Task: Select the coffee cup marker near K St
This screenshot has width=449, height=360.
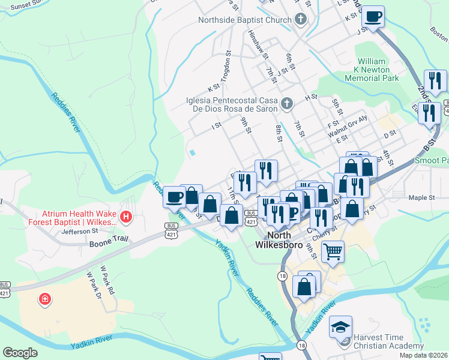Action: pyautogui.click(x=373, y=17)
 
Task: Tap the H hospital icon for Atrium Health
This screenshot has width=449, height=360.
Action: pyautogui.click(x=126, y=217)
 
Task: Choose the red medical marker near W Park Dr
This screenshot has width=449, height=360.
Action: pyautogui.click(x=45, y=299)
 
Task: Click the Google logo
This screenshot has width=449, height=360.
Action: pyautogui.click(x=20, y=353)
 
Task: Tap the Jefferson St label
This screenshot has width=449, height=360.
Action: pyautogui.click(x=79, y=230)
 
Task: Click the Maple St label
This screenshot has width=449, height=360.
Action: pyautogui.click(x=421, y=197)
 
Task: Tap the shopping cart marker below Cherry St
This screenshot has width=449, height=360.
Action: pyautogui.click(x=333, y=252)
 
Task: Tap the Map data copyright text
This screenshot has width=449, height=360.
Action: pyautogui.click(x=424, y=355)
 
